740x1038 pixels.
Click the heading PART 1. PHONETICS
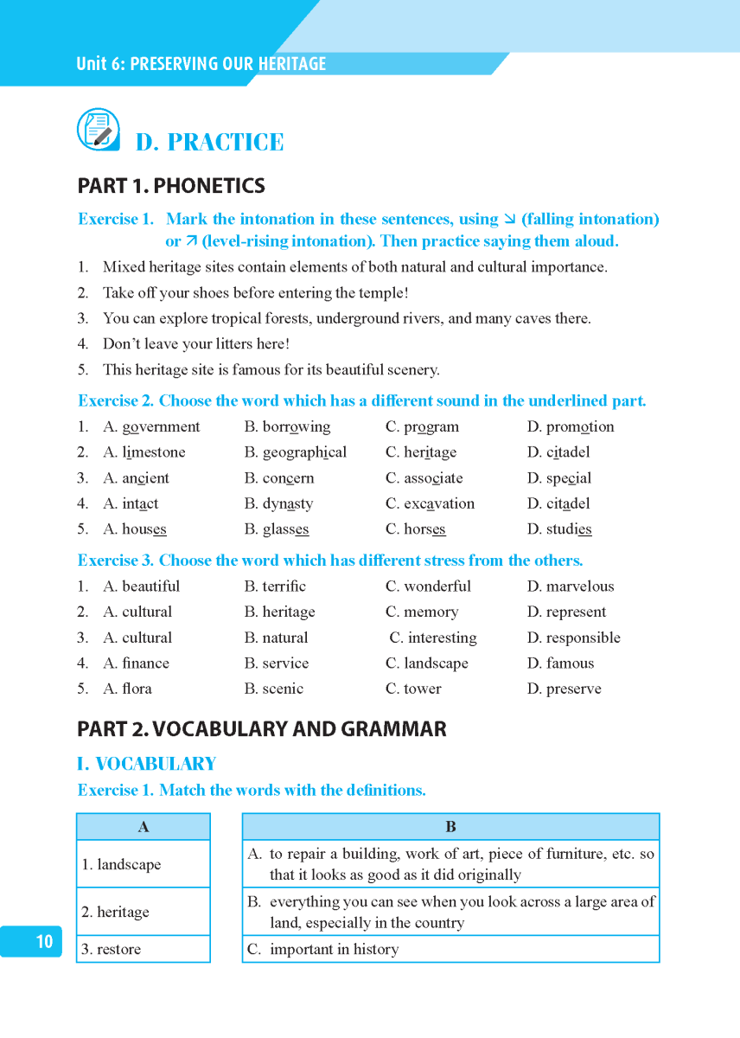coord(171,186)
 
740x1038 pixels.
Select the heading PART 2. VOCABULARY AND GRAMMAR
coord(262,729)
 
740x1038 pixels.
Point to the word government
coord(161,426)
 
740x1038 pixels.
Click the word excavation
coord(439,503)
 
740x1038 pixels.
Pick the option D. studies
coord(559,529)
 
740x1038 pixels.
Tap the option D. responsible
coord(574,638)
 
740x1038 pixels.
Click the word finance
coord(145,663)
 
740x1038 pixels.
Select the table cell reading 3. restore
coord(144,949)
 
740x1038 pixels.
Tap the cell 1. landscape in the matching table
coord(144,864)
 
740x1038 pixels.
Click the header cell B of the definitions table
coord(450,827)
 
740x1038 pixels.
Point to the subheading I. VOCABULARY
coord(146,764)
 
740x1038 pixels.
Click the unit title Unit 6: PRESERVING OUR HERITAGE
coord(201,64)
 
